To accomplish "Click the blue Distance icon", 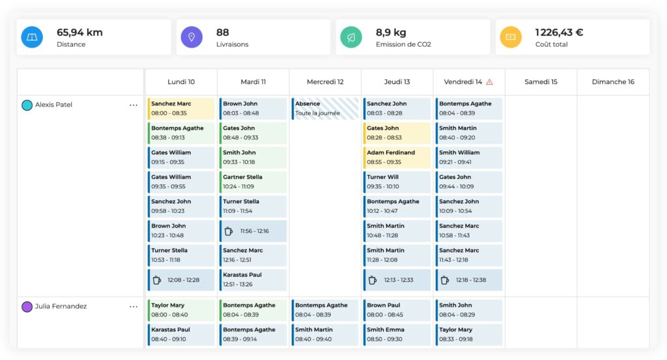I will click(x=31, y=37).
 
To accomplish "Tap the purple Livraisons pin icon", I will click(x=192, y=37).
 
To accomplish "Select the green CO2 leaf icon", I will click(x=351, y=37).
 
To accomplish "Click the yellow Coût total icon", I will click(x=511, y=37).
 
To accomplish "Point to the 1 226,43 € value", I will click(x=559, y=32).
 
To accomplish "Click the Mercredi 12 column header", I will click(x=325, y=82).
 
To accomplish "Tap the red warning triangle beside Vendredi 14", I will click(x=489, y=82).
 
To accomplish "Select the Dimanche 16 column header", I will click(x=613, y=82).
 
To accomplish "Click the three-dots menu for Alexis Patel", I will click(x=134, y=105).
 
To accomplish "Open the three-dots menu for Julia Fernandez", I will click(x=134, y=307).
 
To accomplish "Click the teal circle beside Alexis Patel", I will click(x=27, y=105).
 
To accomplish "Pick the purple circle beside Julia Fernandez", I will click(x=27, y=307).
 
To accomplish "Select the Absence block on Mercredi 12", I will click(x=325, y=108).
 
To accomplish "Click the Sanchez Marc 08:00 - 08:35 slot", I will click(x=181, y=108).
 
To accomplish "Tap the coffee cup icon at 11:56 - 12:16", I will click(x=229, y=231).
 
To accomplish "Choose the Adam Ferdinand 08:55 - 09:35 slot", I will click(x=397, y=157).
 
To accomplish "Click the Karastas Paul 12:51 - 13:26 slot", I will click(x=253, y=279).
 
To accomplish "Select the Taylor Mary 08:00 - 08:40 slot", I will click(x=181, y=310).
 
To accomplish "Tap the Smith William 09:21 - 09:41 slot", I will click(x=469, y=157).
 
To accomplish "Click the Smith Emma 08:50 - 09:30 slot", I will click(x=397, y=334).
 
